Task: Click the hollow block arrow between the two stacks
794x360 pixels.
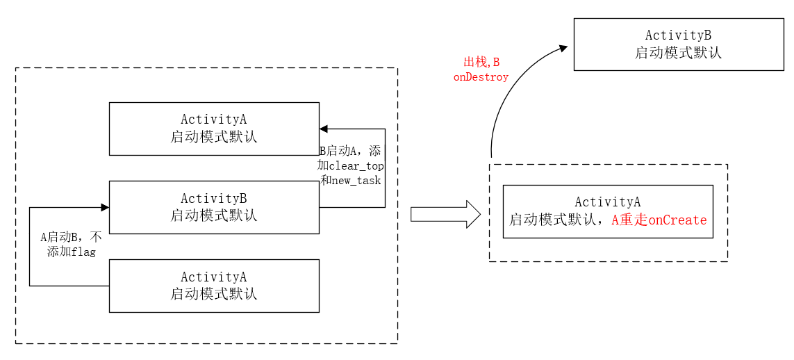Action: (x=445, y=214)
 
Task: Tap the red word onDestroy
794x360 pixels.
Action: (x=481, y=77)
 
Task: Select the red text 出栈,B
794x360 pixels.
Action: (x=481, y=63)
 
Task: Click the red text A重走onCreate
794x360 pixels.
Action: (x=659, y=220)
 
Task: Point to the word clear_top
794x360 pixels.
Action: (x=356, y=165)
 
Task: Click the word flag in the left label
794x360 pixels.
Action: (x=83, y=252)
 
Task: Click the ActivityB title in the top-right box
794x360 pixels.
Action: (x=678, y=35)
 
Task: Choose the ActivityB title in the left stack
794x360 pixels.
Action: (x=213, y=199)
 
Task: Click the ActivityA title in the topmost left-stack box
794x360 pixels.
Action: (x=213, y=120)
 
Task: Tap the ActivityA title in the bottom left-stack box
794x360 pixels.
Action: (x=213, y=277)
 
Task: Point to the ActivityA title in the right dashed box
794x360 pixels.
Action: (x=608, y=202)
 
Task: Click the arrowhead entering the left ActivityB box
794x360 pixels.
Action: (x=105, y=207)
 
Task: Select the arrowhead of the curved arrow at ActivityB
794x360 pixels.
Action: (x=564, y=48)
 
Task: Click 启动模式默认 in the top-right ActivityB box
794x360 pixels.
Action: (x=678, y=53)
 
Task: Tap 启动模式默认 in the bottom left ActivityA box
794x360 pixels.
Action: (x=213, y=294)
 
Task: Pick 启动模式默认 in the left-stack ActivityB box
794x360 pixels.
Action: (x=213, y=215)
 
